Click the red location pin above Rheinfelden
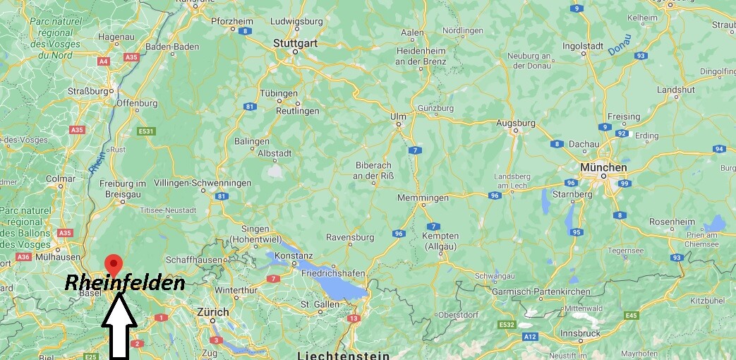111,265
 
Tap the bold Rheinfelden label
124,284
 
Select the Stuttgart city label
295,43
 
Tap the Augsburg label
515,123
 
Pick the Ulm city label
398,116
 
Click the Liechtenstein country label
342,354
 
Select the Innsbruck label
580,332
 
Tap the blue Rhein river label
97,160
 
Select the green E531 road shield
146,131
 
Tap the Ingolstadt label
583,46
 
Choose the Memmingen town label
423,198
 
